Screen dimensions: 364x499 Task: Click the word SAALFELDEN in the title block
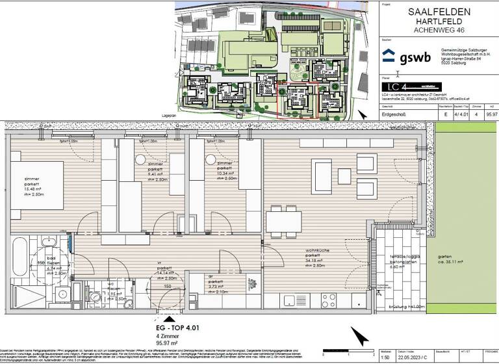coord(439,11)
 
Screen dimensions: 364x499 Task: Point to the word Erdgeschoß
coord(396,113)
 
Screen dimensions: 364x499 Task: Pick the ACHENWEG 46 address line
coord(439,31)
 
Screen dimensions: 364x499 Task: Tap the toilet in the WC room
coord(96,298)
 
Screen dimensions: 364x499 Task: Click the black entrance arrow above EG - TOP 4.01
coord(169,318)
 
